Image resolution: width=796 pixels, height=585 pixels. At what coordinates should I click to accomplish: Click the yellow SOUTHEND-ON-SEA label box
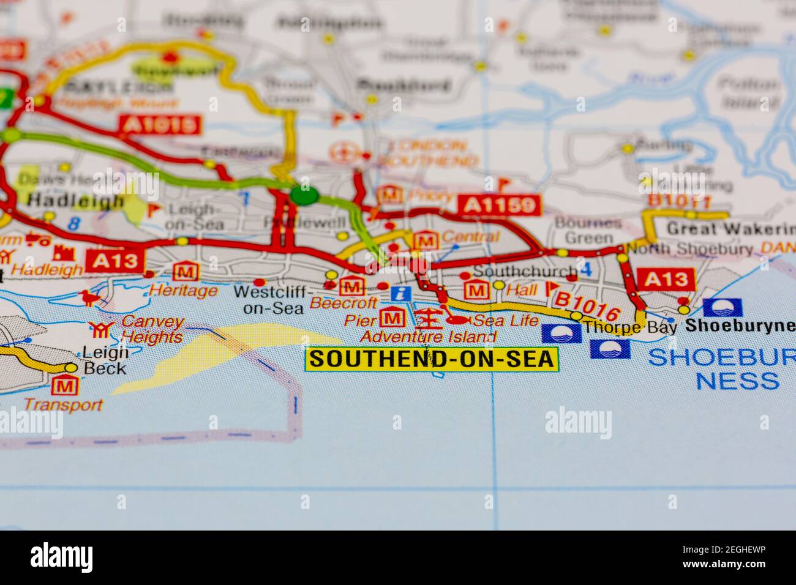pyautogui.click(x=432, y=359)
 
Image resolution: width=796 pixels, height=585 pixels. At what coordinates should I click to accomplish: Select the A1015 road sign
pyautogui.click(x=161, y=125)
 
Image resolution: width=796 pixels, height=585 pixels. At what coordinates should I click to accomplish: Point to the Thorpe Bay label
pyautogui.click(x=630, y=327)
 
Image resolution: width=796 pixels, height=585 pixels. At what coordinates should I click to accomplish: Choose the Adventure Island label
pyautogui.click(x=428, y=337)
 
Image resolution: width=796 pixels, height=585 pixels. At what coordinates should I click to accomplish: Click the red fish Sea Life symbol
pyautogui.click(x=459, y=319)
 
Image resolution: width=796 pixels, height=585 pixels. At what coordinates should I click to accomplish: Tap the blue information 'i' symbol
pyautogui.click(x=401, y=294)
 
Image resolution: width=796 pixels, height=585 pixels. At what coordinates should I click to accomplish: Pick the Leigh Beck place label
pyautogui.click(x=105, y=360)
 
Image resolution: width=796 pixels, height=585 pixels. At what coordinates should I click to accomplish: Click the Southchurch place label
pyautogui.click(x=525, y=271)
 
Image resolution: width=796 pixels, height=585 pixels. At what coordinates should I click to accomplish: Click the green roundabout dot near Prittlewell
pyautogui.click(x=304, y=195)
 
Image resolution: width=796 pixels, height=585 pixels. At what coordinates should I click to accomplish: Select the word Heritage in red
pyautogui.click(x=183, y=291)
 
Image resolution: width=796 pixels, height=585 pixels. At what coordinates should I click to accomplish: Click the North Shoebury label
pyautogui.click(x=689, y=250)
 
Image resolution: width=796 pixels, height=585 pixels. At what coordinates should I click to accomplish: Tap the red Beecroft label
pyautogui.click(x=335, y=302)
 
